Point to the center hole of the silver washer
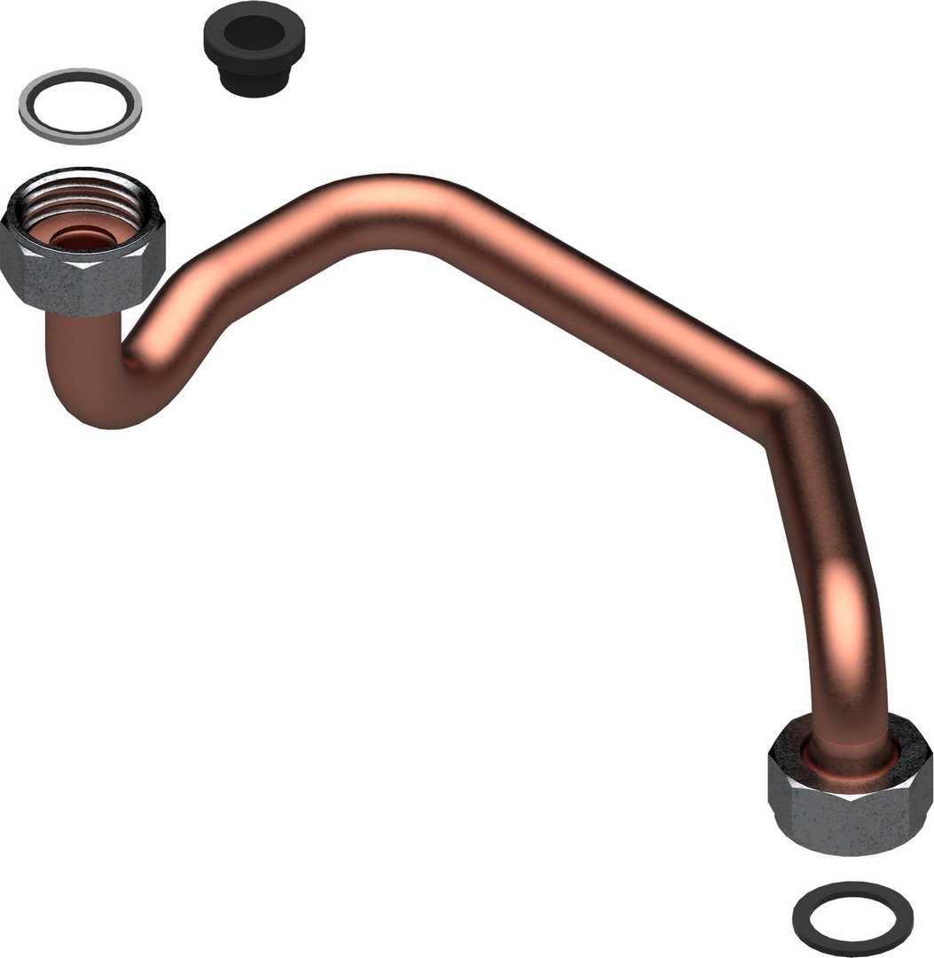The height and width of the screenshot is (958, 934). click(x=80, y=105)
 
